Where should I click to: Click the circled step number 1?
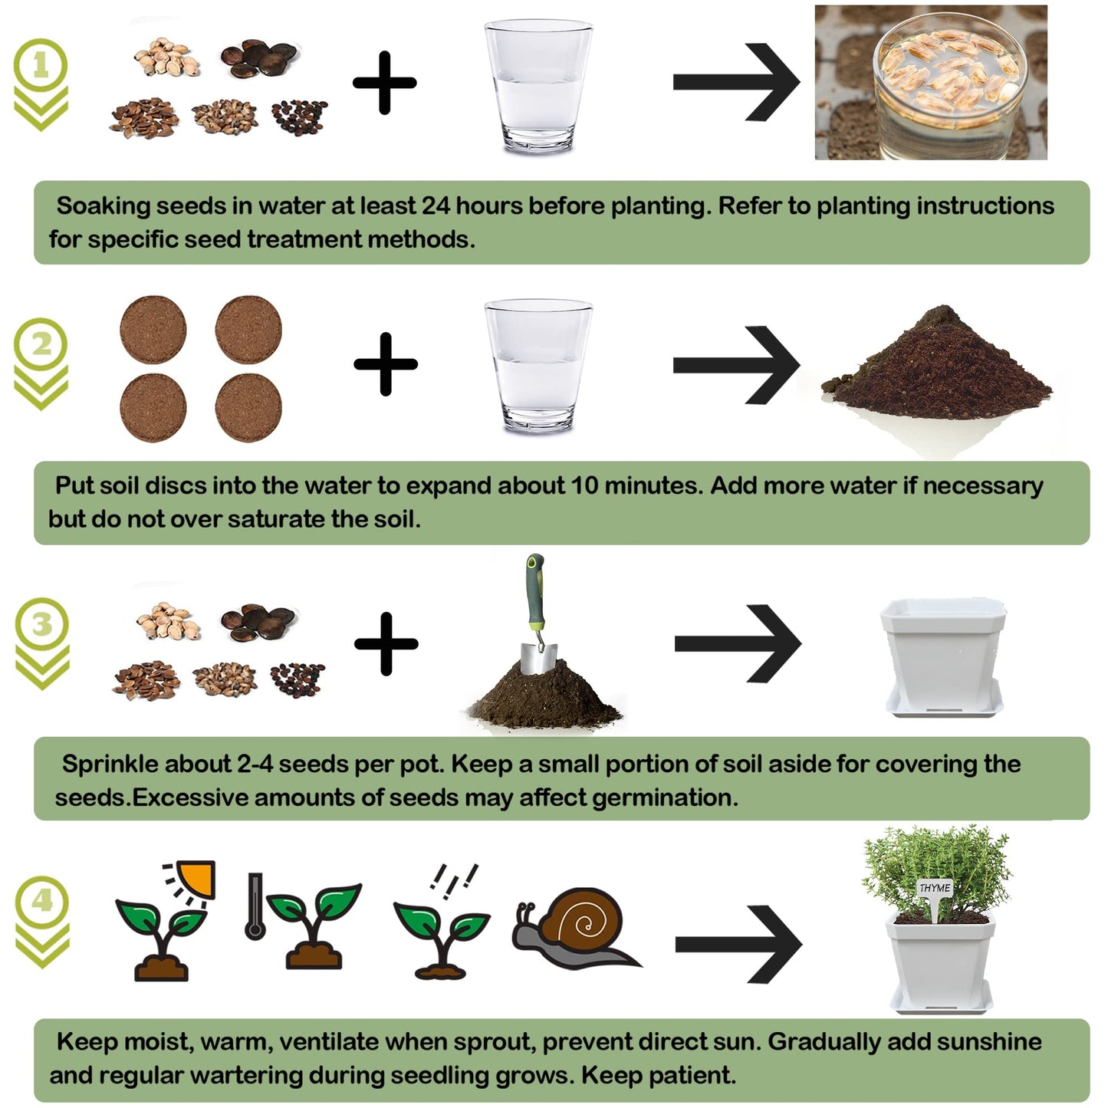(x=41, y=66)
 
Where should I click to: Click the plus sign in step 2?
(x=386, y=363)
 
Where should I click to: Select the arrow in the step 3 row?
(x=737, y=643)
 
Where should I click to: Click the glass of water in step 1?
(x=538, y=86)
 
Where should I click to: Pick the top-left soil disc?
(x=153, y=330)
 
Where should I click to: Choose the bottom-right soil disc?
(x=248, y=408)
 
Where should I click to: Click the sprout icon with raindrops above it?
(x=440, y=932)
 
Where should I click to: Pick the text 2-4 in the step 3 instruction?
(x=255, y=764)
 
